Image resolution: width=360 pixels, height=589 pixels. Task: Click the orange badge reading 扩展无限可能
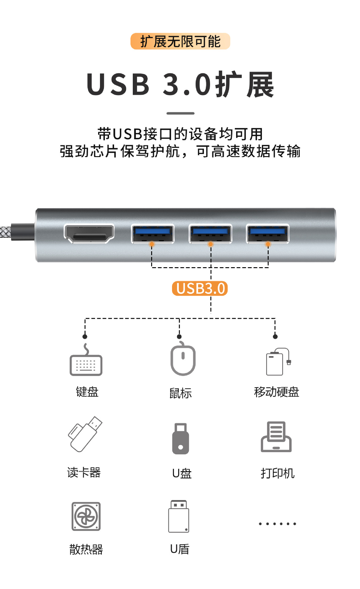coord(180,41)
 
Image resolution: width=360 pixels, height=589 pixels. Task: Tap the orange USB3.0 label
coord(200,288)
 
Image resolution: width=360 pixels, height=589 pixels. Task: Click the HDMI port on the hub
coord(89,234)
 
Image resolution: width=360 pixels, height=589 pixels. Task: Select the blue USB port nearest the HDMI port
coord(152,234)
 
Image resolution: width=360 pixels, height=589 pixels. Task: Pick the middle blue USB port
coord(210,234)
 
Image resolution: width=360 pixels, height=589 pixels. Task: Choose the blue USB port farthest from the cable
coord(267,234)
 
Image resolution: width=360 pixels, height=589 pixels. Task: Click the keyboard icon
coord(86,360)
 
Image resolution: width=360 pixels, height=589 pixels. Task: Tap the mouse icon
coord(183,358)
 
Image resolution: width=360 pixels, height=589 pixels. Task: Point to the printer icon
coord(276,437)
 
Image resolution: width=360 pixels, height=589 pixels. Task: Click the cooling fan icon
coord(86,516)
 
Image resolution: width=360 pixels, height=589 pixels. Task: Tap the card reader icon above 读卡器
coord(85,434)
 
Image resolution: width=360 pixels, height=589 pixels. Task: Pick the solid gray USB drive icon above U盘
coord(181,439)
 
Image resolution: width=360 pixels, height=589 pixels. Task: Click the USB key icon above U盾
coord(179,516)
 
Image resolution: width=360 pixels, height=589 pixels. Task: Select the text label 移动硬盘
coord(277,392)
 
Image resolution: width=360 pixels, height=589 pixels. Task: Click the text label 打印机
coord(278,473)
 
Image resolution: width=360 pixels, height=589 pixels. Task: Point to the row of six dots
coord(278,524)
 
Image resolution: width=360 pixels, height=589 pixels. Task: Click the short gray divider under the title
coord(180,113)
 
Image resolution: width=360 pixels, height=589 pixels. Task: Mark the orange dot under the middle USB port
coord(210,244)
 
